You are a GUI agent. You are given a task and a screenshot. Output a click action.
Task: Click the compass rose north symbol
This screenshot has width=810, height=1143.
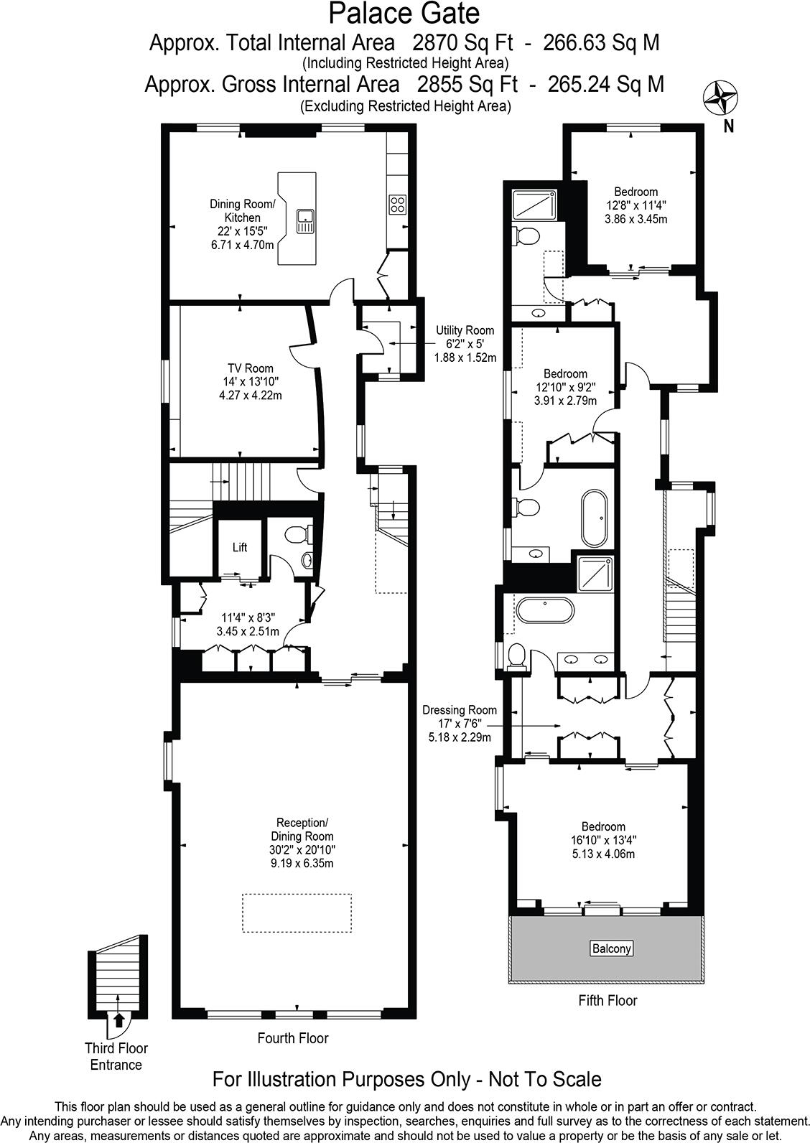[720, 98]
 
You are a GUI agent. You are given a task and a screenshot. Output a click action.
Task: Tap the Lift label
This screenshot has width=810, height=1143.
[240, 547]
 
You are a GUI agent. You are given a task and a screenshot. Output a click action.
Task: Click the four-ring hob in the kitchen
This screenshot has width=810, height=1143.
[397, 205]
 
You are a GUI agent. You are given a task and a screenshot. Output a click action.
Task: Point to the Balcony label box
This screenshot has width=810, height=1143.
[611, 948]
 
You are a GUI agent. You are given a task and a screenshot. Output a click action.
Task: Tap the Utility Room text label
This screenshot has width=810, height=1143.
[465, 330]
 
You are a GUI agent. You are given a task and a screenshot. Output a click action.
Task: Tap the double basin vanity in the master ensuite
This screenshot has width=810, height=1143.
[585, 658]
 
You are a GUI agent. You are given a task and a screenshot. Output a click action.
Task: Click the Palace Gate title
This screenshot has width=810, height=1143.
[404, 14]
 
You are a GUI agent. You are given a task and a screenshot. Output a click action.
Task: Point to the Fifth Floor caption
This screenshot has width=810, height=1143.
[607, 1000]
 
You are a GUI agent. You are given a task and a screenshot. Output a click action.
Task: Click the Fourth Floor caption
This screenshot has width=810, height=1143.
[293, 1037]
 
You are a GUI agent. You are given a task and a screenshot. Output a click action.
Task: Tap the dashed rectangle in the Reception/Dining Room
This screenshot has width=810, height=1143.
[297, 913]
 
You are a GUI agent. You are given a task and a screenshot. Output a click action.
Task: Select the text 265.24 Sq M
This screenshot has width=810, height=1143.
[605, 85]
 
